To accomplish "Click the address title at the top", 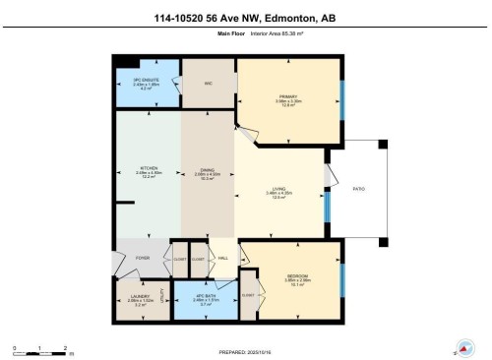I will click(x=245, y=17).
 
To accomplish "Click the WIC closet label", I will click(x=209, y=84).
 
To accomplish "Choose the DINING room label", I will click(x=208, y=169).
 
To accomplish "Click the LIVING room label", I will click(x=279, y=190).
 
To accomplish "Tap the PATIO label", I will click(x=359, y=189).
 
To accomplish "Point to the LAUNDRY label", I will click(x=139, y=294).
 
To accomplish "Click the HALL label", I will click(x=224, y=258).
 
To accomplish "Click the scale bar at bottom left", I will click(x=40, y=350).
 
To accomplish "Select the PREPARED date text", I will click(x=246, y=351).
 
